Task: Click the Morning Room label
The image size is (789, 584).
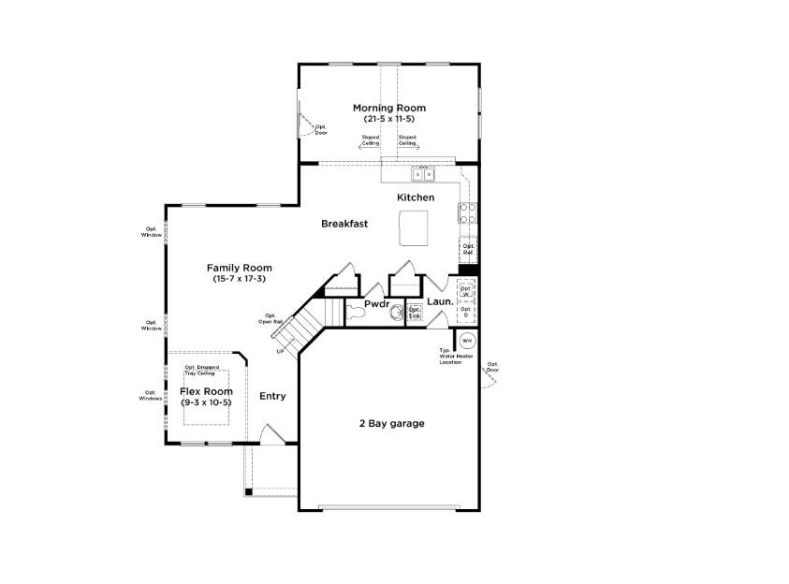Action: point(388,108)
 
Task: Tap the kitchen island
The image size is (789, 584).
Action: point(412,226)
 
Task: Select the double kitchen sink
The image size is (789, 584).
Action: point(423,174)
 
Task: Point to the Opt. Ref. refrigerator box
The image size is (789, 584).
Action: point(468,250)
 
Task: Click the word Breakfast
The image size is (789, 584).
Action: point(343,224)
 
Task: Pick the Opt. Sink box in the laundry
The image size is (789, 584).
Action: point(415,314)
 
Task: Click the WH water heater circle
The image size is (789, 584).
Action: point(467,341)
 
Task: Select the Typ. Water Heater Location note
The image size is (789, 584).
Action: point(456,357)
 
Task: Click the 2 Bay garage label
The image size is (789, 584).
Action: point(391,424)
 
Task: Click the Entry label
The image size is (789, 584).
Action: point(272,396)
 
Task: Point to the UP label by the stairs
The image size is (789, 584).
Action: point(279,352)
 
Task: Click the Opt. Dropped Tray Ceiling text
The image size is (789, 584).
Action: point(202,370)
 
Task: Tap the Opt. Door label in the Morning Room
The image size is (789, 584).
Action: point(320,129)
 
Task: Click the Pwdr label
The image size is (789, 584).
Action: point(377,303)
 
